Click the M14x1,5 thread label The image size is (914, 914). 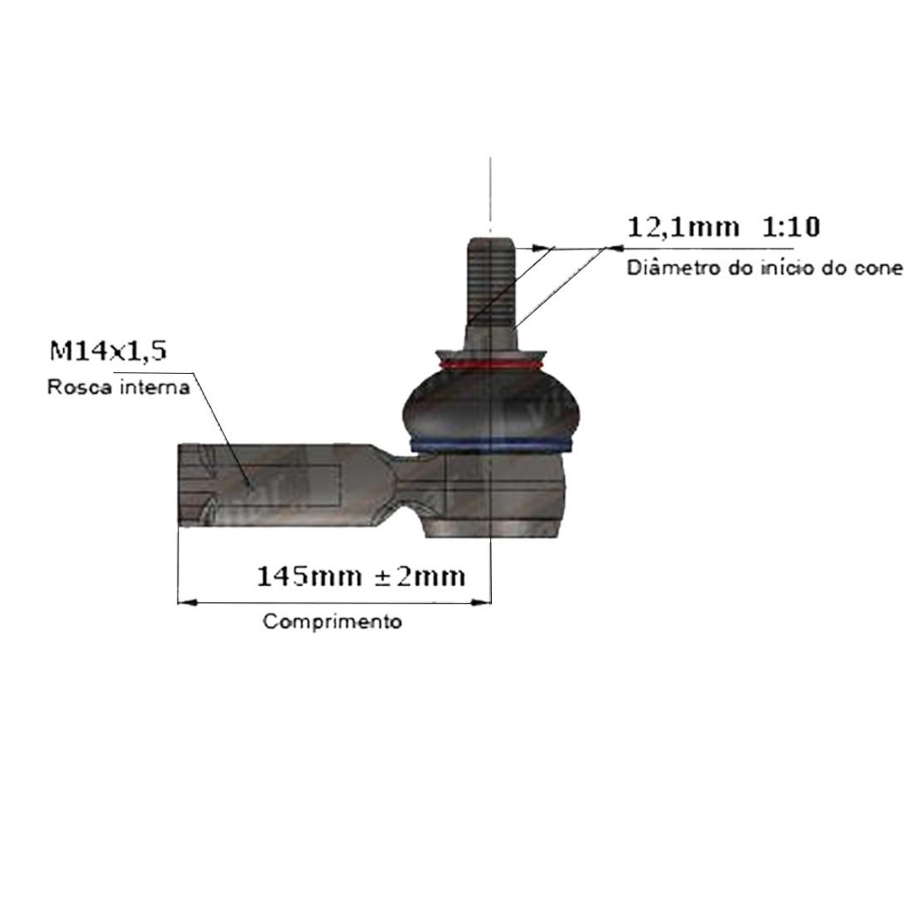(x=108, y=351)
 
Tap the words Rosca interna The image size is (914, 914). (x=119, y=387)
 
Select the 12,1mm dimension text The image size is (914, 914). (x=683, y=227)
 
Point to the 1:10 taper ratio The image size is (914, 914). (x=791, y=226)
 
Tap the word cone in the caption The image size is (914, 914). (x=878, y=268)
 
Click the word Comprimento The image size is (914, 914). (x=332, y=622)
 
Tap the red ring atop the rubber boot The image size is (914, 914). (x=490, y=366)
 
